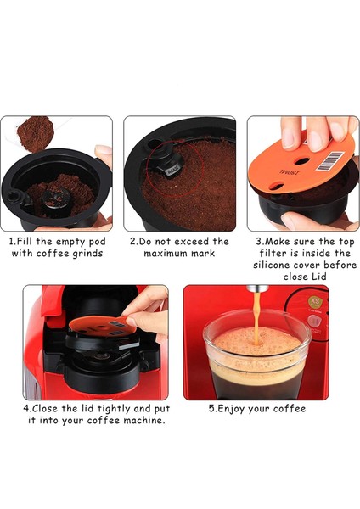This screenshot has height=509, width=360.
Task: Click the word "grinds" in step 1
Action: tap(87, 254)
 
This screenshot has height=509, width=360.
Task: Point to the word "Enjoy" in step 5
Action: tap(231, 409)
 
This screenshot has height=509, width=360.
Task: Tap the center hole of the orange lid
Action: tap(302, 160)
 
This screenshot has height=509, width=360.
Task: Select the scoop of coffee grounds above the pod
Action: tap(35, 133)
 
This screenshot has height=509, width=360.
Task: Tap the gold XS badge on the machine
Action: tap(315, 302)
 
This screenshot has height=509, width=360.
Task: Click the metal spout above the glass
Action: tap(257, 288)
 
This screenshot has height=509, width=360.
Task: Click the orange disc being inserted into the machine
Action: tap(103, 326)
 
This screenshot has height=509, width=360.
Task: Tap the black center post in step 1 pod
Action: tap(56, 199)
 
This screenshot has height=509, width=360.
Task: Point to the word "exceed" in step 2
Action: tap(190, 242)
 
